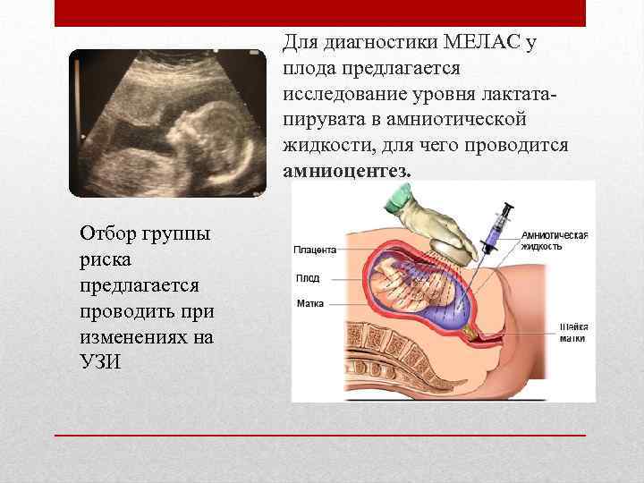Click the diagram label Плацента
click(x=315, y=250)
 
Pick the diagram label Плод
click(x=307, y=278)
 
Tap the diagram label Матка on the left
click(x=310, y=304)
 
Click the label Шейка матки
click(x=572, y=332)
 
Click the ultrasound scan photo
click(x=167, y=123)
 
